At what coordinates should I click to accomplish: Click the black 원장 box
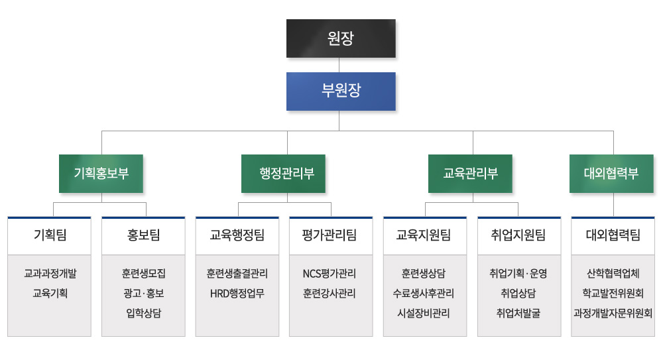point(341,38)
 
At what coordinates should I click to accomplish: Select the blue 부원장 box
point(341,91)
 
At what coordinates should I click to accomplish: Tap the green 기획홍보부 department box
point(101,174)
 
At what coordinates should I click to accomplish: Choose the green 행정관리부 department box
point(283,174)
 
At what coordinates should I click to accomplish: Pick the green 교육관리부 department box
point(470,174)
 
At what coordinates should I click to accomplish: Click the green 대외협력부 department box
point(611,174)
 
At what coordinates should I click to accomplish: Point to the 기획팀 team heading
point(50,235)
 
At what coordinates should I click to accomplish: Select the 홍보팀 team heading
point(144,235)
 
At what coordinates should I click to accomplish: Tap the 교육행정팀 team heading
point(237,235)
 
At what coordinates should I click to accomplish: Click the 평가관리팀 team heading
point(330,235)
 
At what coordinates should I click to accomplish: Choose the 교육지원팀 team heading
point(424,235)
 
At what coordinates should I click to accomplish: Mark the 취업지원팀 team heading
point(518,235)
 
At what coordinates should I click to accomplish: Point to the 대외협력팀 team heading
point(613,235)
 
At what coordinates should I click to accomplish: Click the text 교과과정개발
point(50,273)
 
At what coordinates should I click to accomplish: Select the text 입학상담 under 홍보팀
point(144,313)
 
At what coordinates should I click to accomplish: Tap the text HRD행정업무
point(237,293)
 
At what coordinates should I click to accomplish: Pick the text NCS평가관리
point(330,273)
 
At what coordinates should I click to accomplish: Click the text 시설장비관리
point(424,313)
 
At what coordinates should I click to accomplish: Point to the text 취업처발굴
point(518,313)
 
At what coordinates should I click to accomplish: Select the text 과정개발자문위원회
point(613,313)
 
